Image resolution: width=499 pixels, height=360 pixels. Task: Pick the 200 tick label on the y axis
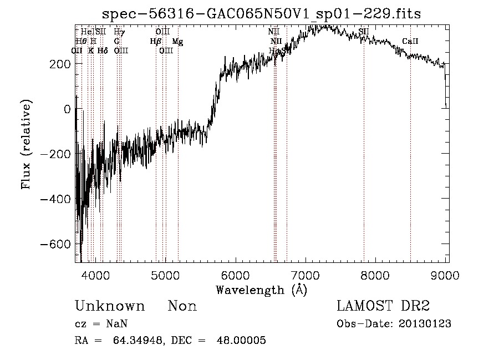[60, 64]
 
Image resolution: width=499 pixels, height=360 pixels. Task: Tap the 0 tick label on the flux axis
[67, 109]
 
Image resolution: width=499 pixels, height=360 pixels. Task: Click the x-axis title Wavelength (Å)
[261, 290]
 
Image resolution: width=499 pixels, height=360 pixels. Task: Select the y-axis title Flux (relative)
[26, 144]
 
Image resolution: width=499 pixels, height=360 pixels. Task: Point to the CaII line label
[410, 41]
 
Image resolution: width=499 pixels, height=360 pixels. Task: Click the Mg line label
[177, 41]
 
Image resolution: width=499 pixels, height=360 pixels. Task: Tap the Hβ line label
[155, 41]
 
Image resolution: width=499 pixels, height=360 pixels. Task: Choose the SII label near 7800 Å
[364, 32]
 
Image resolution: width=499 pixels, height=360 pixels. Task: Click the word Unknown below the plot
[110, 306]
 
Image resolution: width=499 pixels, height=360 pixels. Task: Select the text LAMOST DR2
[383, 306]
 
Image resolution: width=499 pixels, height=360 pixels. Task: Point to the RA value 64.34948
[142, 341]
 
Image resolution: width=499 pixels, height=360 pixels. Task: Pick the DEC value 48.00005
[241, 341]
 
